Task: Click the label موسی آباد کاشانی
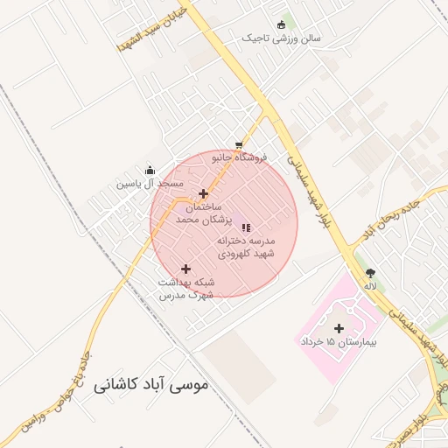pyautogui.click(x=150, y=383)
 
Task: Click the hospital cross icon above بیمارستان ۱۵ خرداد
pyautogui.click(x=339, y=328)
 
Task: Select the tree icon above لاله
pyautogui.click(x=371, y=272)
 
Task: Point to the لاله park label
pyautogui.click(x=371, y=286)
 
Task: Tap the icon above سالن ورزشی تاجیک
pyautogui.click(x=281, y=24)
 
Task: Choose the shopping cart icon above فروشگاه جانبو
pyautogui.click(x=239, y=145)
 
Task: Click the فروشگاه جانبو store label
pyautogui.click(x=239, y=158)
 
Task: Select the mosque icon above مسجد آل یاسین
pyautogui.click(x=151, y=171)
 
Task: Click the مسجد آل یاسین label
pyautogui.click(x=151, y=185)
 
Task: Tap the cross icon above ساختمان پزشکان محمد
pyautogui.click(x=204, y=194)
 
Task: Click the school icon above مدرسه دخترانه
pyautogui.click(x=245, y=227)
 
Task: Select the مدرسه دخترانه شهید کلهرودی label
pyautogui.click(x=247, y=246)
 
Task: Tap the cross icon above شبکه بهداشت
pyautogui.click(x=185, y=269)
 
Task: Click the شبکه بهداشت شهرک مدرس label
pyautogui.click(x=185, y=289)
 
